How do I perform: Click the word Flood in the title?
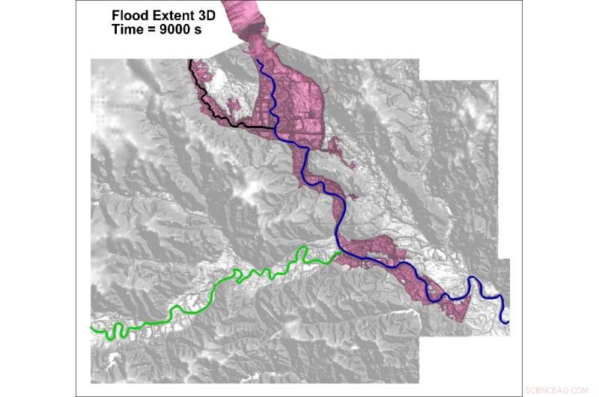(128, 14)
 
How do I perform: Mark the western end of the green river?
(91, 328)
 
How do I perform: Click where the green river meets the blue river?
(339, 253)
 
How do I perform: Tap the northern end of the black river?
(189, 61)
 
